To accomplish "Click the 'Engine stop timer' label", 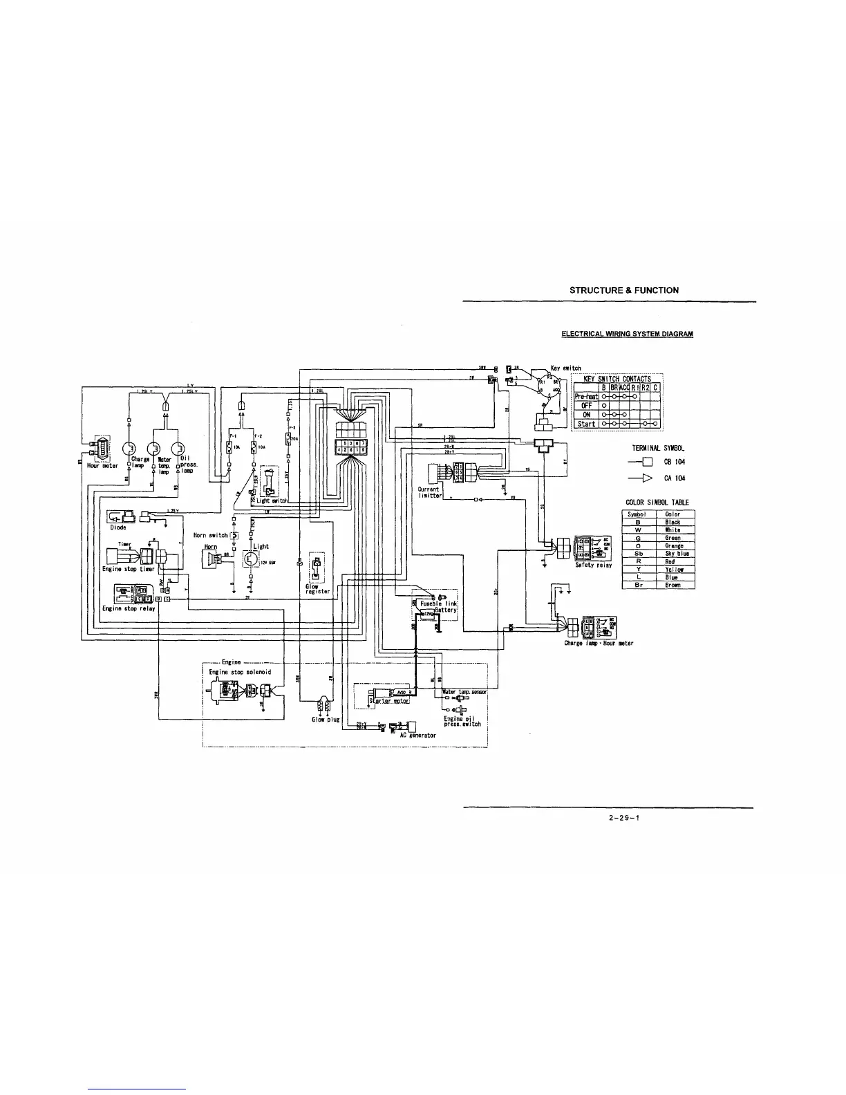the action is point(128,569).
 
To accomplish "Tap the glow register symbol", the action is point(316,567).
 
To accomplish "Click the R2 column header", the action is point(646,388).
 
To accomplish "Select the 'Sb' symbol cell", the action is point(639,553).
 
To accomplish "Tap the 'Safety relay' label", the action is point(593,565).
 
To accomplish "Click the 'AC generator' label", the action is point(418,735).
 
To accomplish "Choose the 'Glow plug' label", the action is point(325,719).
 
